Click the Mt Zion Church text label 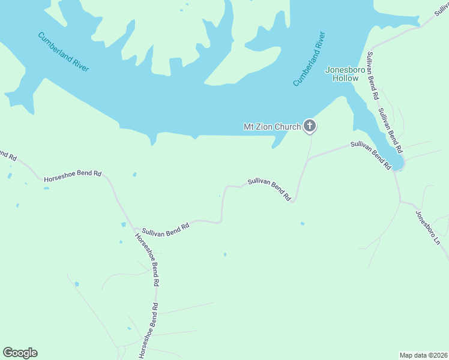coord(271,127)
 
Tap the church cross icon coord(310,126)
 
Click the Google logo coord(20,353)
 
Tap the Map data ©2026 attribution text coord(423,355)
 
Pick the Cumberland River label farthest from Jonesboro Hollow coord(64,52)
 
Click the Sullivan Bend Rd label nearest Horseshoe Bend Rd coord(166,229)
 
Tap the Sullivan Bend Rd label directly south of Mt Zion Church coord(270,189)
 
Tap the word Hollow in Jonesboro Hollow coord(346,78)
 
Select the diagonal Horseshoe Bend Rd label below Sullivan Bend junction coord(147,257)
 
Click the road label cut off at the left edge coord(7,155)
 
